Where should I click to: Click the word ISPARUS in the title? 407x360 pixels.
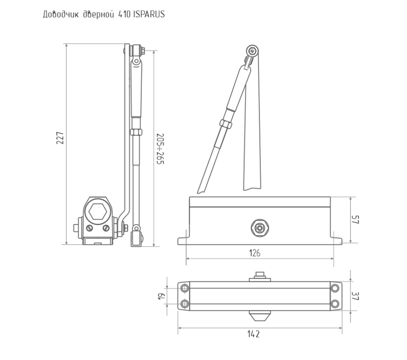(149, 14)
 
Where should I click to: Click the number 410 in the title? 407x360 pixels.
(124, 14)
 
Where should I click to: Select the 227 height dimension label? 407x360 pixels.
(60, 138)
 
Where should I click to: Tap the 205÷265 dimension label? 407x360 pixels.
(160, 149)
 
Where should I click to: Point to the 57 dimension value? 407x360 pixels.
(355, 220)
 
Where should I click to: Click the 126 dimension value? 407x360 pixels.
(255, 253)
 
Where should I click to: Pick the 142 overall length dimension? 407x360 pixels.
(253, 334)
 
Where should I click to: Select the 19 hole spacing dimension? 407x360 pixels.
(161, 296)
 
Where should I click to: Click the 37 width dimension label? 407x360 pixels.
(355, 296)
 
